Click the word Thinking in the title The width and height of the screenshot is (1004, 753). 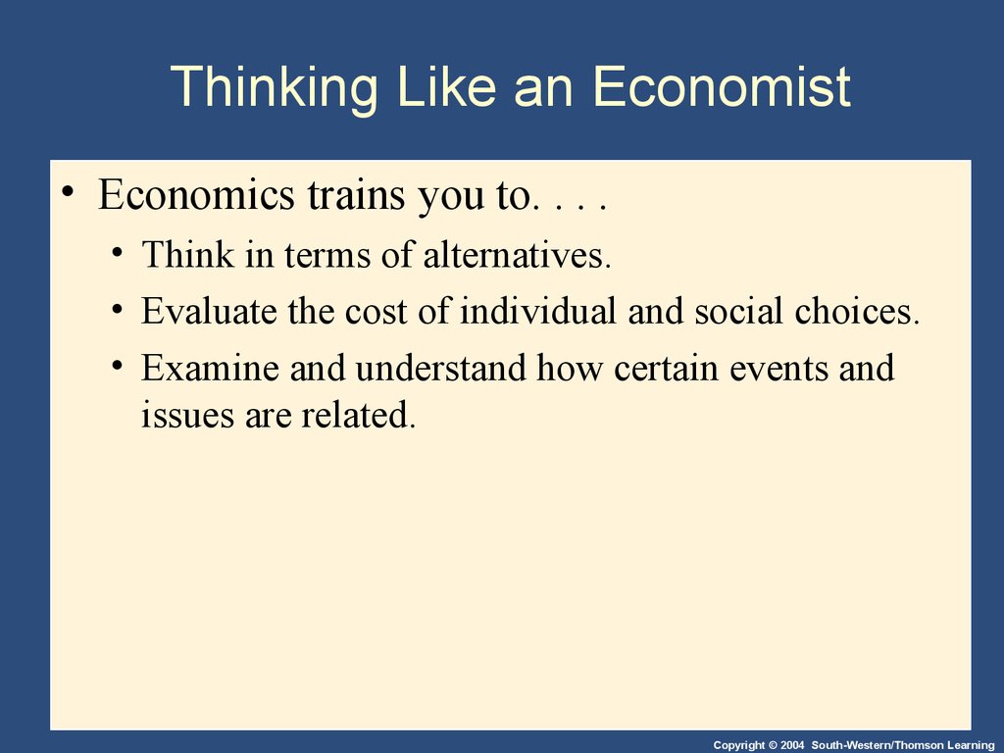click(275, 87)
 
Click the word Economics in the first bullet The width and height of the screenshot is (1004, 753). click(196, 194)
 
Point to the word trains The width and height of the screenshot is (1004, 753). click(356, 194)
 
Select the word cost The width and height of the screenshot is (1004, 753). click(376, 312)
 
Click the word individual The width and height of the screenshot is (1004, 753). click(537, 311)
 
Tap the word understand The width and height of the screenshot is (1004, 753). click(440, 369)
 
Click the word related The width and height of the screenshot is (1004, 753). click(359, 415)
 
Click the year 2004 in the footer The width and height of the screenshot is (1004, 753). click(792, 745)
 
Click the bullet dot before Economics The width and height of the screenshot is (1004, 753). click(68, 191)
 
